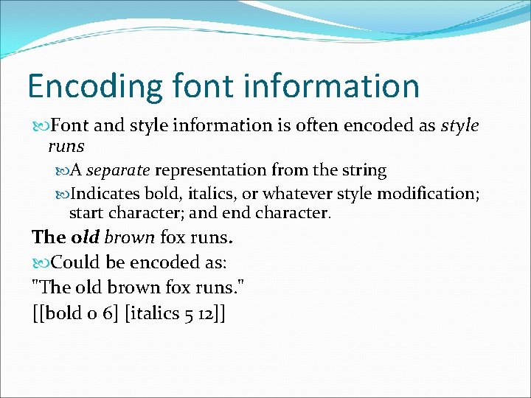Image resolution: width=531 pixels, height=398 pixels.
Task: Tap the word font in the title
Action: click(192, 86)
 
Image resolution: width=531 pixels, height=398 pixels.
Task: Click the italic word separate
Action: click(118, 170)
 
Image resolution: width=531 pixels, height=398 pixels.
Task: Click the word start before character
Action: click(87, 213)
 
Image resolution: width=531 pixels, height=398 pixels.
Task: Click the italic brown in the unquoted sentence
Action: click(130, 237)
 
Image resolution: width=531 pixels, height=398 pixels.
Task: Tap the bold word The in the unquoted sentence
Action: click(49, 237)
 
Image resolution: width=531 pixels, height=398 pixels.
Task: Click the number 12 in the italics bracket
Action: click(206, 314)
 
